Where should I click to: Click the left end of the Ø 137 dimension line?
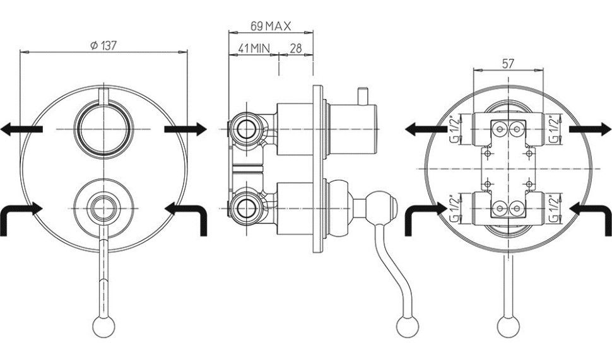pos(20,52)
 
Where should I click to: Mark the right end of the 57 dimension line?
pos(543,70)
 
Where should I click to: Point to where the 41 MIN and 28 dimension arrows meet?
pos(279,55)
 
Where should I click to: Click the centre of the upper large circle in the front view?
pos(104,129)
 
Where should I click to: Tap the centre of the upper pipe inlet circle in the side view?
pos(246,129)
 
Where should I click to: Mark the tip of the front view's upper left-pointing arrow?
pos(1,129)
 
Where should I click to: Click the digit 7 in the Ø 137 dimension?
pos(112,45)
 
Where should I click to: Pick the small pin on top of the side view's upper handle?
pos(363,96)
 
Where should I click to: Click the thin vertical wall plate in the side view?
pos(318,169)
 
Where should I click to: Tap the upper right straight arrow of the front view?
pos(185,129)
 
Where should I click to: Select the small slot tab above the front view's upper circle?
pos(104,96)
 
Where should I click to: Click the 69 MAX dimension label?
pos(271,26)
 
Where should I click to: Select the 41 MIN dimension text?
pos(254,49)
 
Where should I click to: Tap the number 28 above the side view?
pos(297,49)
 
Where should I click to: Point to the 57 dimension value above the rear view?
pos(508,64)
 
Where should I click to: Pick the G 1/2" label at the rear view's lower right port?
pos(553,209)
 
